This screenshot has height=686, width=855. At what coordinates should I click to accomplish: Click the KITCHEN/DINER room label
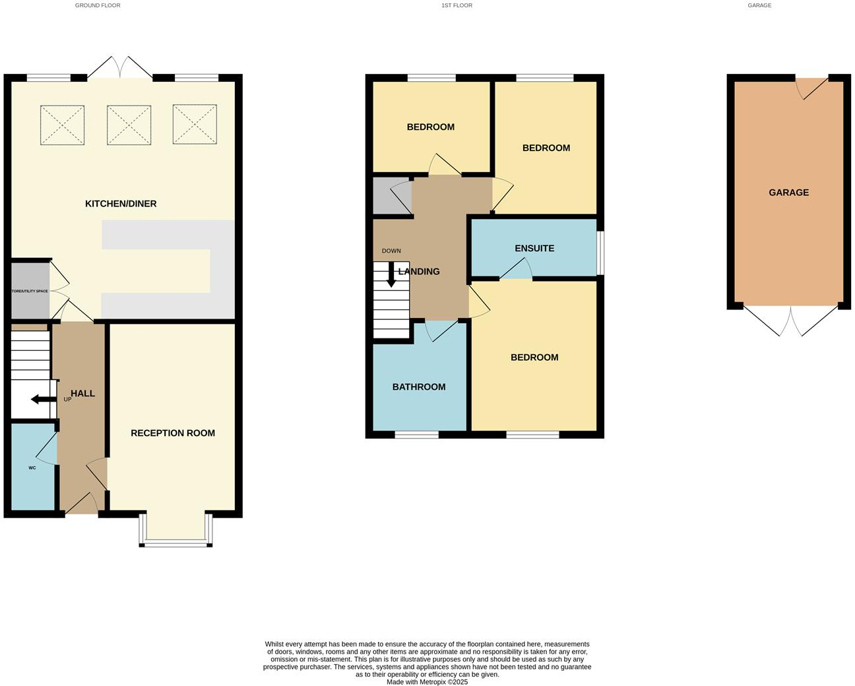[121, 204]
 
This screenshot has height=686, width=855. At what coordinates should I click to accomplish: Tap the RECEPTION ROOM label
[173, 433]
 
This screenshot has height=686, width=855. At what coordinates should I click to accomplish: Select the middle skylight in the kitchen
[129, 125]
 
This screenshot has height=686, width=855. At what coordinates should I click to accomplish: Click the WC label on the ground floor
[32, 468]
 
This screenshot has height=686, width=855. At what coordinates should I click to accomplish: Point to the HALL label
[82, 394]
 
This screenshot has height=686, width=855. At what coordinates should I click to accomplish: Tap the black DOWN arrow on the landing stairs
[391, 274]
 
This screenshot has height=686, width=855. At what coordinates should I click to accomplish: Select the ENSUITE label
[534, 249]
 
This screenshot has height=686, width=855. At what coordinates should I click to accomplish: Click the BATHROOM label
[419, 387]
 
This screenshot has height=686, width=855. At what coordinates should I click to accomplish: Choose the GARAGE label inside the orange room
[788, 193]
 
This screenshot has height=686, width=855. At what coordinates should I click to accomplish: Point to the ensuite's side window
[600, 253]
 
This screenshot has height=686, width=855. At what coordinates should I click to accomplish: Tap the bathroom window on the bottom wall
[417, 435]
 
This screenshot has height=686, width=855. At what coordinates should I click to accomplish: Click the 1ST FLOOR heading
[457, 5]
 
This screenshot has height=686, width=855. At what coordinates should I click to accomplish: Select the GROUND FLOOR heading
[98, 5]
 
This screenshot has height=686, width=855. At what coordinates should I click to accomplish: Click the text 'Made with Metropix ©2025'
[427, 682]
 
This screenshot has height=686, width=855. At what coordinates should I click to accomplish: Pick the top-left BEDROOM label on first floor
[430, 127]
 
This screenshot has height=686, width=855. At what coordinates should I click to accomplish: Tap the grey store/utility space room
[30, 291]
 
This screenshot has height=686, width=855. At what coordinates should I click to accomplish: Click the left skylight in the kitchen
[63, 125]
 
